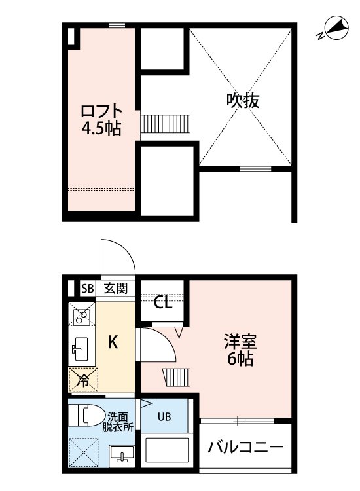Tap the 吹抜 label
point(243,100)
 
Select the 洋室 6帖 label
point(242,350)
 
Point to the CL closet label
point(163,302)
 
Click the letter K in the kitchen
point(113,342)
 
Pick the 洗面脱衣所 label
point(120,421)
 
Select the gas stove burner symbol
point(82,318)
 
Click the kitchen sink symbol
point(81,348)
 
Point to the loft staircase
point(165,122)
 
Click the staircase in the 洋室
point(175,378)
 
